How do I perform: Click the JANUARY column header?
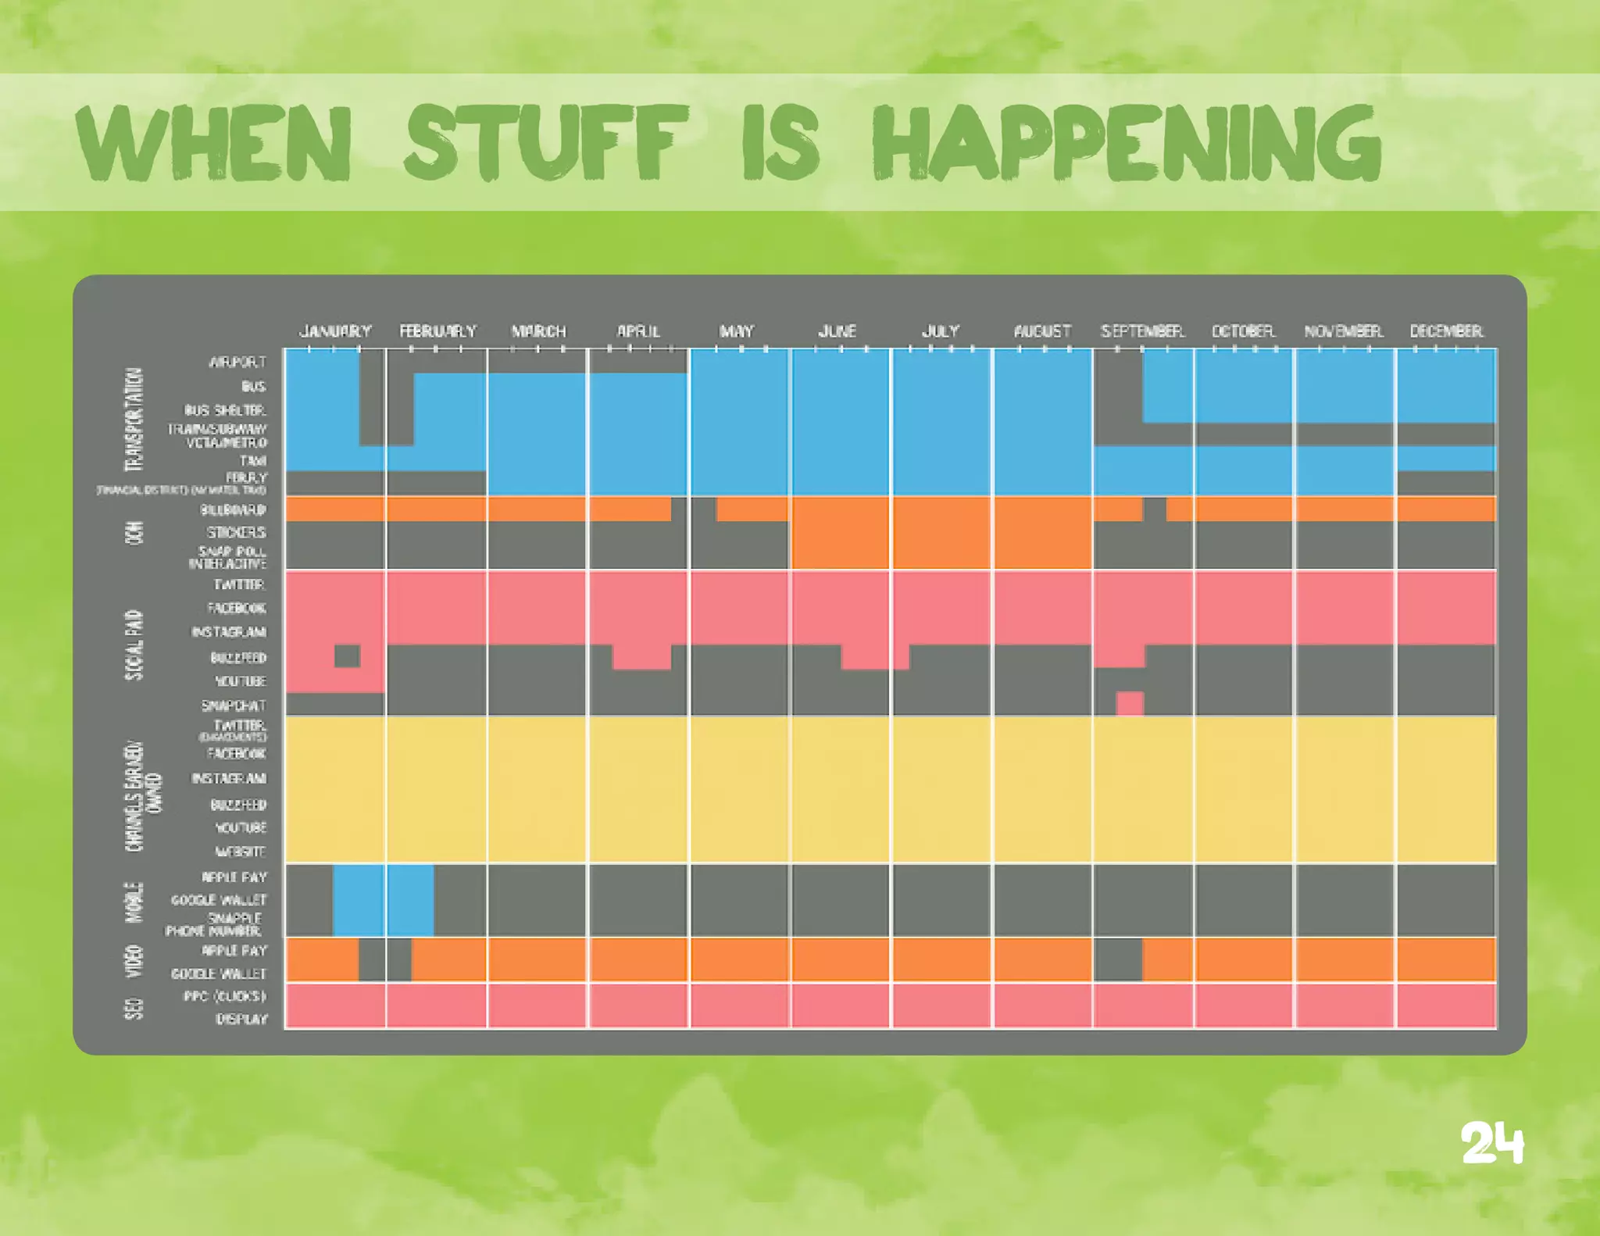pos(335,331)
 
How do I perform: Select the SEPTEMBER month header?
pos(1142,331)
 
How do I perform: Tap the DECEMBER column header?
pos(1446,331)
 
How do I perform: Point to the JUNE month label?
pos(837,331)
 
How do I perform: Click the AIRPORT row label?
pos(237,363)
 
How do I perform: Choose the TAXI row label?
pos(253,461)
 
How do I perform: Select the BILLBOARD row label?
pos(233,510)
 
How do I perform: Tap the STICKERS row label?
pos(236,533)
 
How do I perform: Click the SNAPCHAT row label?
pos(233,706)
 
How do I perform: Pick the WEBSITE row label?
pos(241,852)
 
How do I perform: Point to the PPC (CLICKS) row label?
pos(225,996)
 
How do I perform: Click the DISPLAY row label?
pos(241,1020)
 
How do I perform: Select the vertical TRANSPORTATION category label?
pos(134,420)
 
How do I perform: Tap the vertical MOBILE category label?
pos(134,902)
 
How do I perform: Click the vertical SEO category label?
pos(134,1008)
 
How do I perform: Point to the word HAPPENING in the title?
pos(1126,143)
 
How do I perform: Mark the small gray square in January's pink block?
pos(348,656)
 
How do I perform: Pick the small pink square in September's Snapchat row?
pos(1130,703)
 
